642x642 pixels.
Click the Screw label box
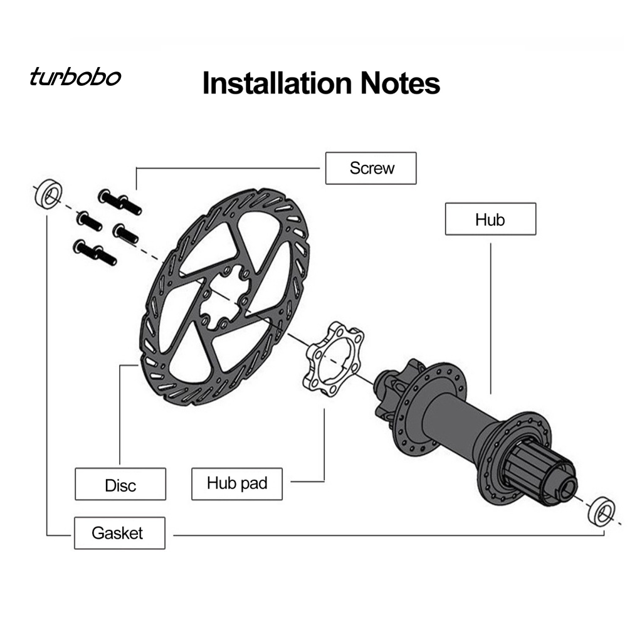click(x=371, y=168)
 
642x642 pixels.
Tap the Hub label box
click(x=490, y=219)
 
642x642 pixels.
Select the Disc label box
click(x=120, y=484)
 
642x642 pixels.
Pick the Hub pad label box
click(x=237, y=483)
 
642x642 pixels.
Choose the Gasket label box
click(x=119, y=533)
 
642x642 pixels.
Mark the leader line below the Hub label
click(x=490, y=313)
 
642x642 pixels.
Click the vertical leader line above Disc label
click(x=120, y=414)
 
